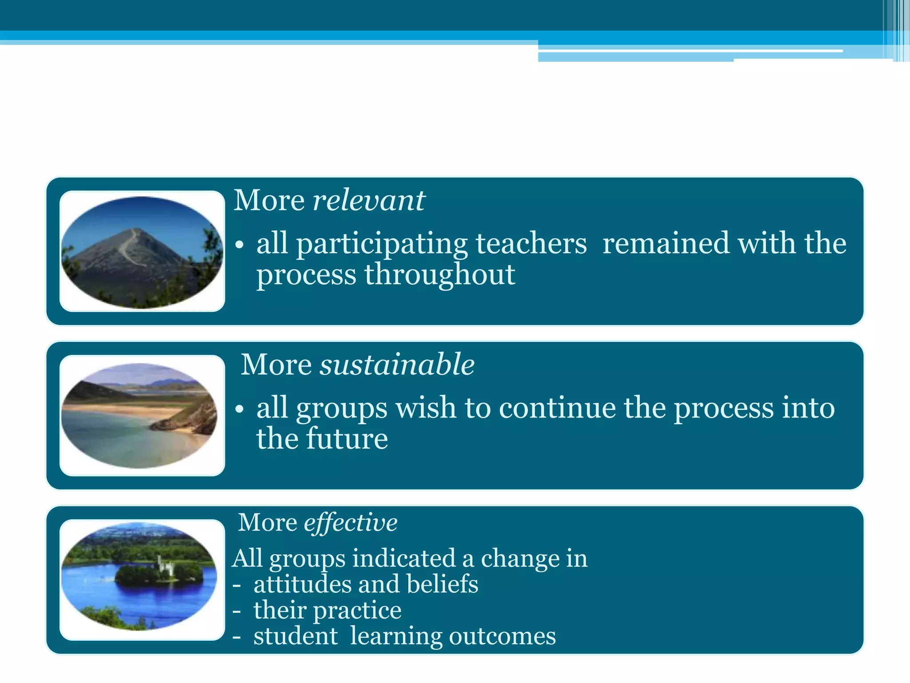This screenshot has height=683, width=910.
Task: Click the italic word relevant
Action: (x=369, y=201)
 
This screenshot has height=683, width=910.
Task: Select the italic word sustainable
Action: (x=397, y=365)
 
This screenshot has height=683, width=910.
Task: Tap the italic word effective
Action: (x=351, y=522)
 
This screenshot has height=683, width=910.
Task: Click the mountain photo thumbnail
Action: (x=142, y=252)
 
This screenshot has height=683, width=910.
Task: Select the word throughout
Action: (x=440, y=274)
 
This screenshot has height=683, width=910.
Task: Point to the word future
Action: (x=347, y=439)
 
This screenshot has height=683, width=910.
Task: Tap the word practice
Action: (x=357, y=611)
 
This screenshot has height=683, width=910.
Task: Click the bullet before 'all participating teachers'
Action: (x=239, y=245)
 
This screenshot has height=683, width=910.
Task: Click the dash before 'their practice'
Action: (x=237, y=611)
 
